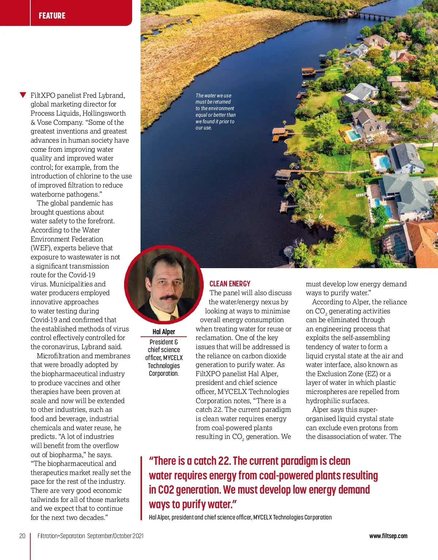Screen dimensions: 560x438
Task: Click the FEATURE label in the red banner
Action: tap(52, 16)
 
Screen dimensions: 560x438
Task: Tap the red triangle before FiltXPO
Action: tap(23, 95)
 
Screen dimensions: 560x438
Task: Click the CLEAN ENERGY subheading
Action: tap(230, 284)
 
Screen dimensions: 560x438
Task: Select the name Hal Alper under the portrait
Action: tap(164, 332)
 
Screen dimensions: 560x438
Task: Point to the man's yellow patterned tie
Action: tap(173, 316)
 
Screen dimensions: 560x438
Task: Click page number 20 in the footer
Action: tap(22, 536)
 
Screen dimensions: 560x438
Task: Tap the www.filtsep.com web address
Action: tap(388, 536)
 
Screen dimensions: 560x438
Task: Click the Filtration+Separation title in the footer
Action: tap(61, 536)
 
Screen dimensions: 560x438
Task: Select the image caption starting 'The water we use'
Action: tap(215, 112)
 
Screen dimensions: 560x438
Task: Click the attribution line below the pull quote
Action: tap(240, 517)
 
